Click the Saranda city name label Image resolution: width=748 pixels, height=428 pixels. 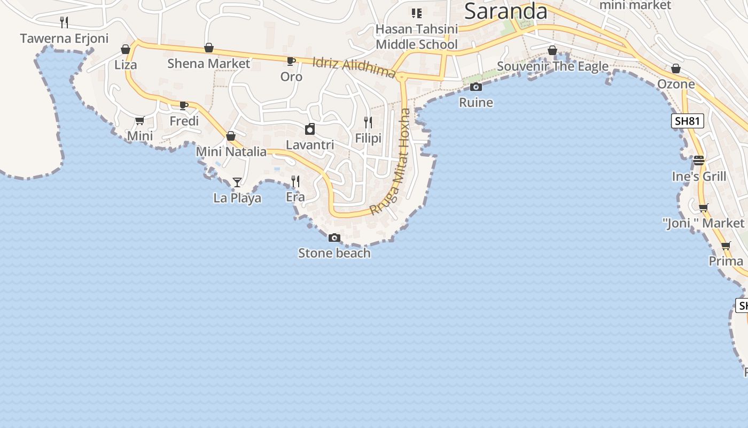coord(505,11)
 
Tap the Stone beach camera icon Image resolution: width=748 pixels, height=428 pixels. coord(334,238)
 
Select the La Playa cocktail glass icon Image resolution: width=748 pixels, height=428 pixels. coord(237,182)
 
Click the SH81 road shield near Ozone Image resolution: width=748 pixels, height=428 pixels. coord(687,121)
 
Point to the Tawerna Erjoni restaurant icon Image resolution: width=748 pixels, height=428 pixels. coord(64,22)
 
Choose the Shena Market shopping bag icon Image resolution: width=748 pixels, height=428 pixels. coord(209,48)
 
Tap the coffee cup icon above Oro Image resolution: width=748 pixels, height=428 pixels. coord(291,62)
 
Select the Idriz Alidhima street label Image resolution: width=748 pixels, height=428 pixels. coord(354,67)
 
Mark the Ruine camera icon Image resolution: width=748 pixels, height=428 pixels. coord(476,87)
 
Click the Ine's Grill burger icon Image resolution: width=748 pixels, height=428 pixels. coord(699,160)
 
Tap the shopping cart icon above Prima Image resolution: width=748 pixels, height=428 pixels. coord(726,246)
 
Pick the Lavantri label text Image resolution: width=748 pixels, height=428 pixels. coord(310,145)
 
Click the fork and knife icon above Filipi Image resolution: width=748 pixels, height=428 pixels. coord(368,123)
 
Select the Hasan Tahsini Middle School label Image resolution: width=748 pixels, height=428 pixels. coord(417,36)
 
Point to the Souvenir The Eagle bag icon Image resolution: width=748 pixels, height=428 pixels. coord(552,51)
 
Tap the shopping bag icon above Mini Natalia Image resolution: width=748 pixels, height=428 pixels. coord(231,136)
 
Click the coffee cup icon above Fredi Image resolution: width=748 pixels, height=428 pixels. coord(184,105)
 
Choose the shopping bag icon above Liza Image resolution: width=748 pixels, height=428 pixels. coord(126,50)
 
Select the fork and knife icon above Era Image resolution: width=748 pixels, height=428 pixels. coord(295,181)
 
